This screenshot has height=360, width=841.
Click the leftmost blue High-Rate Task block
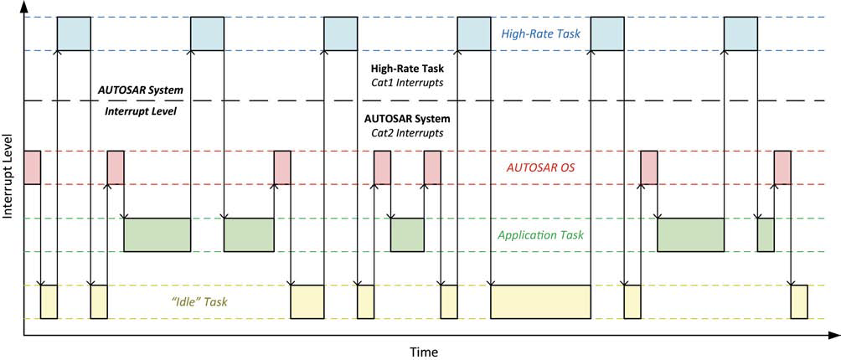[74, 33]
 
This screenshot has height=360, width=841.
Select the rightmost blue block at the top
[740, 33]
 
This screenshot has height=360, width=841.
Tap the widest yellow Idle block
[540, 301]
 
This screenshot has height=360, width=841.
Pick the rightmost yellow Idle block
[799, 301]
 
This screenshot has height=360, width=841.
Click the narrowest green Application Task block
[766, 234]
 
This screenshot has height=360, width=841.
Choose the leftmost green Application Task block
[157, 234]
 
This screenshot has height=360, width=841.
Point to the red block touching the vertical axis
[33, 167]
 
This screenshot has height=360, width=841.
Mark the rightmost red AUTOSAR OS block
[782, 167]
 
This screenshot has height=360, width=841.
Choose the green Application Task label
[540, 235]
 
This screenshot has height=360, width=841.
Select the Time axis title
[423, 351]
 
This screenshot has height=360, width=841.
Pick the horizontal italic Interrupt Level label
[141, 111]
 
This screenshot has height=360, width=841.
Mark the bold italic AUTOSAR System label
[141, 90]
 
